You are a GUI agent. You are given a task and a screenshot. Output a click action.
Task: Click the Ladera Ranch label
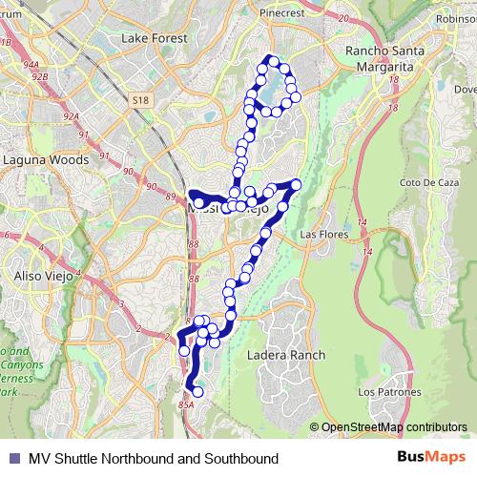[x=286, y=355]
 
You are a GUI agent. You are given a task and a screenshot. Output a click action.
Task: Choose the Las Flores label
[x=321, y=234]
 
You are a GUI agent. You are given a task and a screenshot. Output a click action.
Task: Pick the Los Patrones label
[x=383, y=392]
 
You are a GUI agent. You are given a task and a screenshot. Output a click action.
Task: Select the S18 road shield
[x=141, y=99]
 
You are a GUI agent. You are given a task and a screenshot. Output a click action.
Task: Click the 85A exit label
[x=185, y=405]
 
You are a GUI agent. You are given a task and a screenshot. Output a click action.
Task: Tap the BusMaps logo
[x=431, y=458]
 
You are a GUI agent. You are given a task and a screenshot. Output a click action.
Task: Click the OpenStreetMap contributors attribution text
[x=393, y=427]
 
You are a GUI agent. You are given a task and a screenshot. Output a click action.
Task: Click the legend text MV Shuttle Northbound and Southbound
[x=154, y=459]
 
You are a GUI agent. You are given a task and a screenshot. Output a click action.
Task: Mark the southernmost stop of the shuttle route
[x=198, y=391]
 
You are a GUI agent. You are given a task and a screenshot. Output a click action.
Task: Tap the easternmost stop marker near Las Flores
[x=296, y=184]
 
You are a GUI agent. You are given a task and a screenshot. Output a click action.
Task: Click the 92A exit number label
[x=69, y=115]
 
